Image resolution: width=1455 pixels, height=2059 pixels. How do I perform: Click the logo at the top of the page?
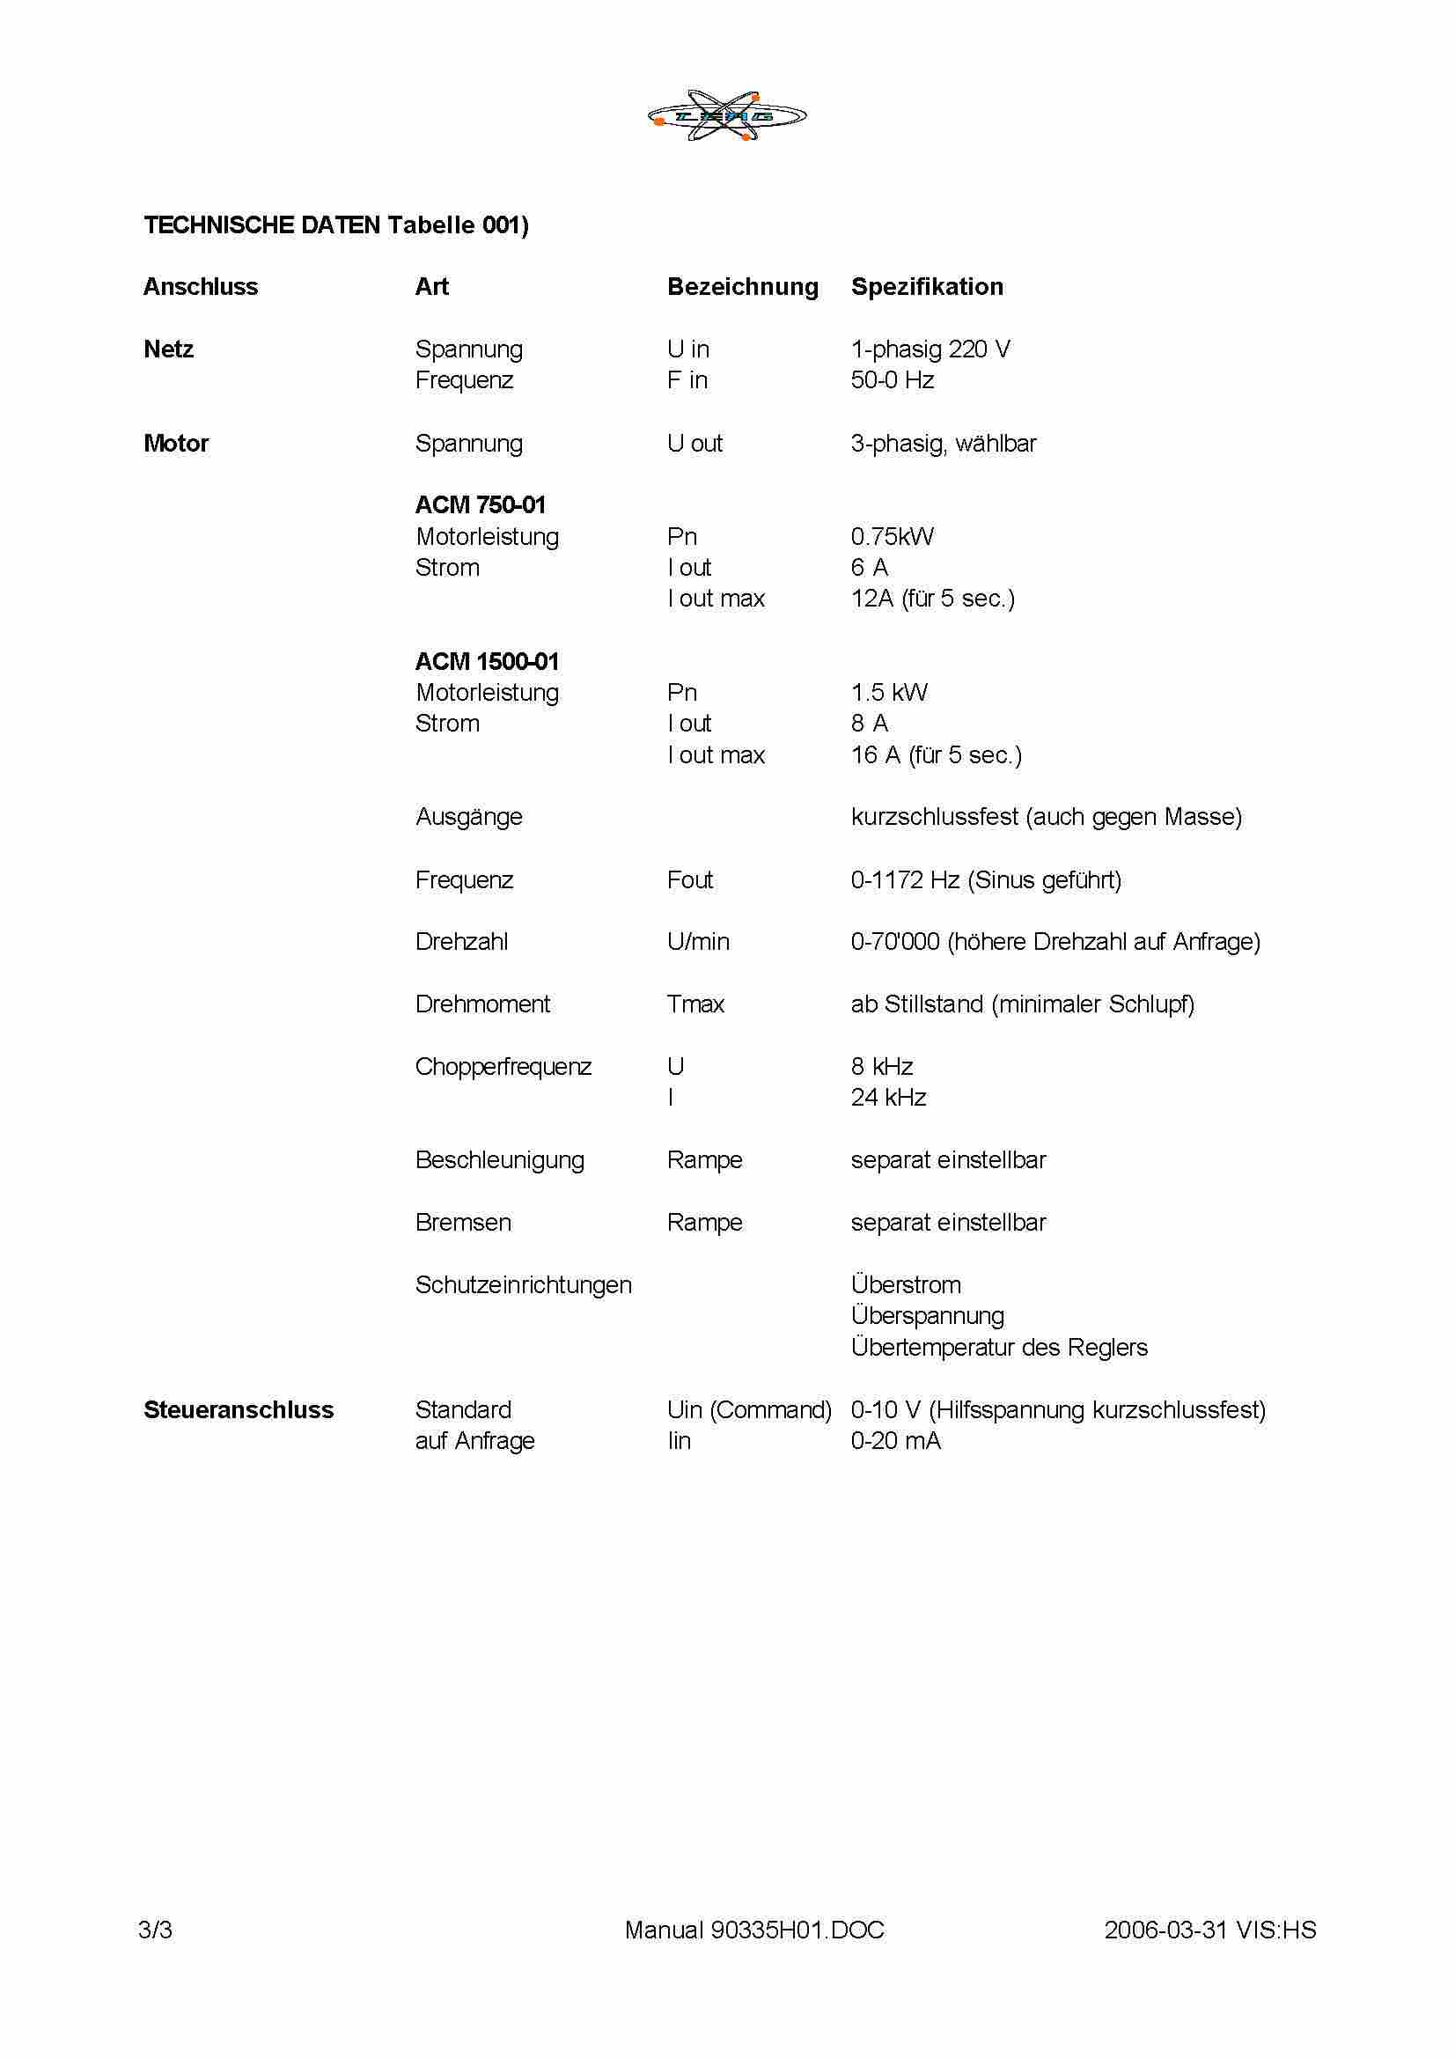pyautogui.click(x=727, y=115)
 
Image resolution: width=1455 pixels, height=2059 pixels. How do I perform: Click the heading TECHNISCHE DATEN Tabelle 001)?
pyautogui.click(x=336, y=225)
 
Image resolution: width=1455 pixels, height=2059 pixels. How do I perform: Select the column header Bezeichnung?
pyautogui.click(x=742, y=287)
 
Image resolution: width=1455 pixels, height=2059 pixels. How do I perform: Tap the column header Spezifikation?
pyautogui.click(x=927, y=287)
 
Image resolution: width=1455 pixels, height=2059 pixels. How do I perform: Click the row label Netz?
pyautogui.click(x=168, y=349)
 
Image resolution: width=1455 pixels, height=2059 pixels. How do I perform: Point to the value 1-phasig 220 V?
pyautogui.click(x=930, y=349)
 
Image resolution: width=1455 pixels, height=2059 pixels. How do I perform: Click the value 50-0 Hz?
pyautogui.click(x=892, y=380)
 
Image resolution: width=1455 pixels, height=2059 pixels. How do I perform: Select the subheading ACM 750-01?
pyautogui.click(x=480, y=505)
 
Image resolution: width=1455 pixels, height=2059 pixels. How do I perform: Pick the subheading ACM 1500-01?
pyautogui.click(x=487, y=662)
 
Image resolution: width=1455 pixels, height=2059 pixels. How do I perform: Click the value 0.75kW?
pyautogui.click(x=892, y=536)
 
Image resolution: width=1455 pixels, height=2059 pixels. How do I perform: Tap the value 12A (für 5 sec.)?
pyautogui.click(x=932, y=599)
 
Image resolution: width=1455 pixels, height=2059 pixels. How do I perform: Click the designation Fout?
pyautogui.click(x=689, y=879)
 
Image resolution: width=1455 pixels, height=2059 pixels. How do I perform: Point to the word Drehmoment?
pyautogui.click(x=482, y=1004)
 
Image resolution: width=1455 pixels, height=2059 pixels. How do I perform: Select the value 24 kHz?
pyautogui.click(x=888, y=1098)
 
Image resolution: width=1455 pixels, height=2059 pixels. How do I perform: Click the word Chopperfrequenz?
pyautogui.click(x=503, y=1067)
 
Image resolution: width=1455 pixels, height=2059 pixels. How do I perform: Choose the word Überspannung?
pyautogui.click(x=927, y=1315)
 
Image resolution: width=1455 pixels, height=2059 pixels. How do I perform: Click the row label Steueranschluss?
pyautogui.click(x=239, y=1409)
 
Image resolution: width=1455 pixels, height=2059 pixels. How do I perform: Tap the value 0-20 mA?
pyautogui.click(x=895, y=1441)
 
